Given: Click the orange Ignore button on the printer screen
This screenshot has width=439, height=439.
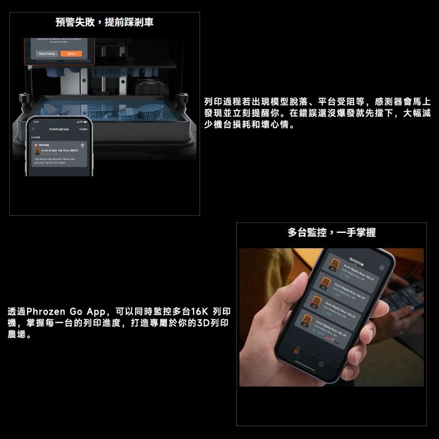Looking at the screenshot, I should tap(71, 54).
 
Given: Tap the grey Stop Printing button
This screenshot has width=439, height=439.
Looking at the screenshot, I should tap(46, 54).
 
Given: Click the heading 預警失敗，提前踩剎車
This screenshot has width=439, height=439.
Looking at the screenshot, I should tap(105, 22).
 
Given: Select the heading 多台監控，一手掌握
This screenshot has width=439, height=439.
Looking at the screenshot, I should tap(331, 232).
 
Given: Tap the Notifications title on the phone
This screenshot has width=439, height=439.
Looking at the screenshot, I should tap(59, 129).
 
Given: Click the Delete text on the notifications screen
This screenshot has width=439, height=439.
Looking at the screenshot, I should tap(83, 129).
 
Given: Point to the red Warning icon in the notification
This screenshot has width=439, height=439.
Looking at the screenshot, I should tap(36, 145).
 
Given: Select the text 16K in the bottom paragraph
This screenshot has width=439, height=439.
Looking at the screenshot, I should tap(198, 311).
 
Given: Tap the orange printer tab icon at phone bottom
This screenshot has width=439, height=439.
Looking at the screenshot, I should tap(295, 351).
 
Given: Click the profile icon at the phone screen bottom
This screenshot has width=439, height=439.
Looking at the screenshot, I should tap(321, 364).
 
